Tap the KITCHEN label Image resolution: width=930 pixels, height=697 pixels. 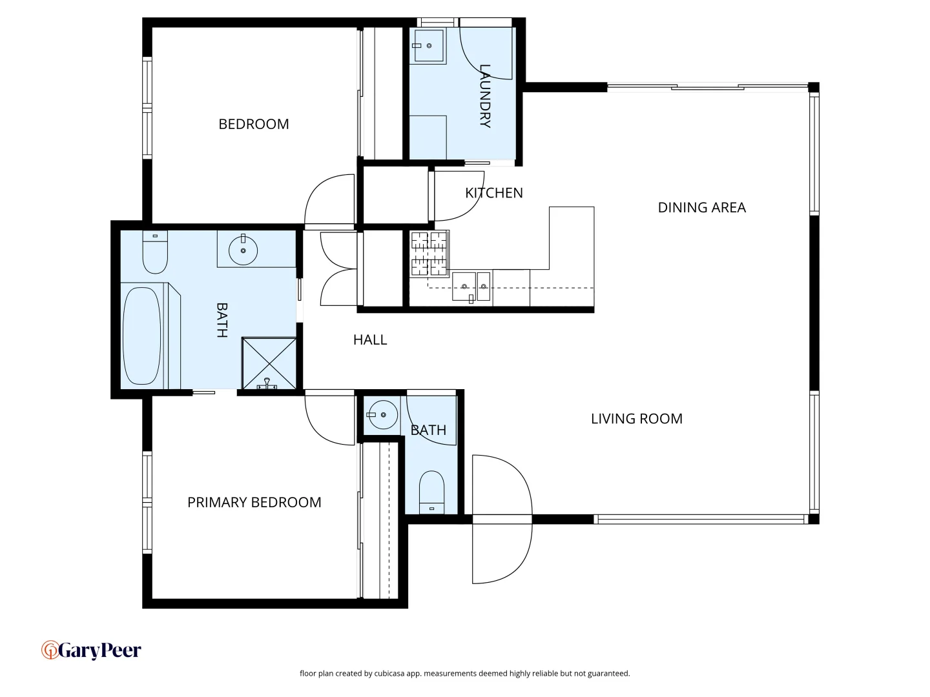pyautogui.click(x=493, y=193)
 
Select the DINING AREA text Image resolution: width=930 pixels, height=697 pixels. pyautogui.click(x=701, y=207)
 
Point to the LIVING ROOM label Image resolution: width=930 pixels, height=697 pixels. pyautogui.click(x=636, y=419)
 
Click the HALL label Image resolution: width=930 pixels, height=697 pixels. pyautogui.click(x=370, y=340)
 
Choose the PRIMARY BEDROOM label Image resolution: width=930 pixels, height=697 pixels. pyautogui.click(x=254, y=502)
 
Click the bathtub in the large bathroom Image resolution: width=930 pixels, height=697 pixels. pyautogui.click(x=142, y=336)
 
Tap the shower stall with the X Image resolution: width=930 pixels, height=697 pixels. pyautogui.click(x=269, y=363)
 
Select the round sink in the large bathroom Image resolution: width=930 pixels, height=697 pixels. pyautogui.click(x=243, y=250)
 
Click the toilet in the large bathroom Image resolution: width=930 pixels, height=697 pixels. pyautogui.click(x=155, y=252)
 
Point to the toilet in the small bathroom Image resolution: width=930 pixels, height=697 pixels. pyautogui.click(x=431, y=492)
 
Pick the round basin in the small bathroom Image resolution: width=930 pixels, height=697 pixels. pyautogui.click(x=382, y=415)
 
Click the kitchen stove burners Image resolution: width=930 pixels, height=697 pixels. pyautogui.click(x=429, y=254)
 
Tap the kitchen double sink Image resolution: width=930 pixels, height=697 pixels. pyautogui.click(x=471, y=287)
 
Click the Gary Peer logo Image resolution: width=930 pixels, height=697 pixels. pyautogui.click(x=91, y=650)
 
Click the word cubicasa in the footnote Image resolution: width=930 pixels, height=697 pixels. pyautogui.click(x=389, y=673)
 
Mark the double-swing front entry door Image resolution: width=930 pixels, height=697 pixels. pyautogui.click(x=502, y=520)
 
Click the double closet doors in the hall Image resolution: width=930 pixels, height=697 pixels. pyautogui.click(x=339, y=268)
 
